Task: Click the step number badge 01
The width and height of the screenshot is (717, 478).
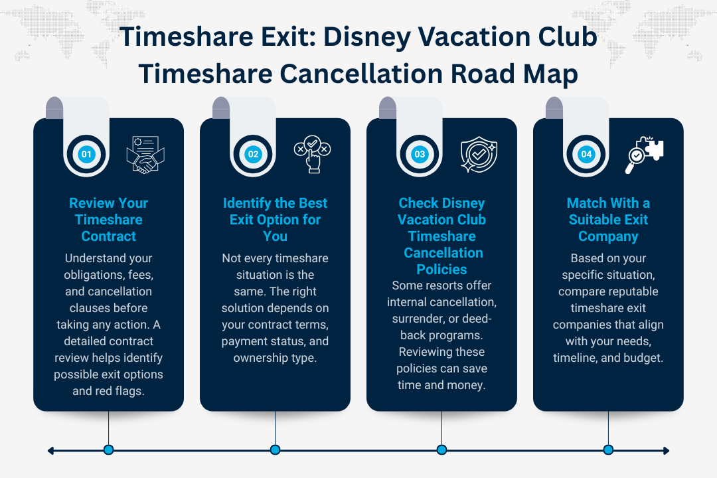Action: tap(86, 155)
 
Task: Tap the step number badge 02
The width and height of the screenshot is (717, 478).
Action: tap(253, 155)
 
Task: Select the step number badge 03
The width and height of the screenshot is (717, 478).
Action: tap(420, 155)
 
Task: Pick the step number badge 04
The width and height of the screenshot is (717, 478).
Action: tap(586, 155)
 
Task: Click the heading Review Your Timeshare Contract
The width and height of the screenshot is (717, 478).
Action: tap(108, 220)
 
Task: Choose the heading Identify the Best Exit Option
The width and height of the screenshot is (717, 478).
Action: tap(275, 220)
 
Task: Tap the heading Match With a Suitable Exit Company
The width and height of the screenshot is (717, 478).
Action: tap(608, 220)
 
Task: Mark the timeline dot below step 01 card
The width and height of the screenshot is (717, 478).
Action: tap(108, 449)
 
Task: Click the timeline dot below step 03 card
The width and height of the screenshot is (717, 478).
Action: tap(441, 449)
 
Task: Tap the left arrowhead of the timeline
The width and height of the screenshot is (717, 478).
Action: tap(50, 450)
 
